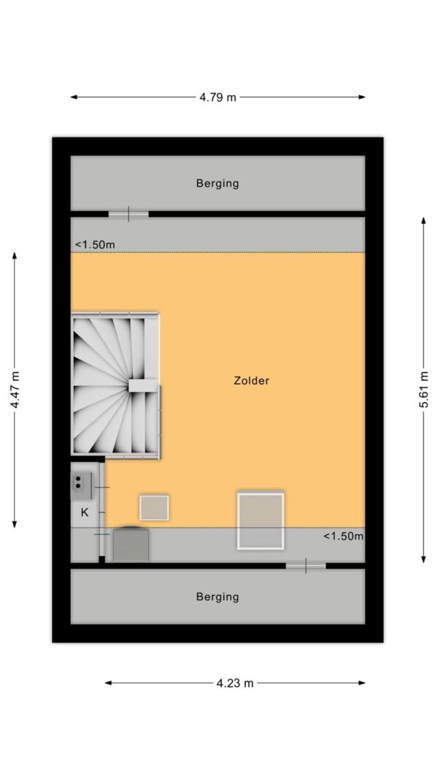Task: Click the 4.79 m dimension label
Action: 218,97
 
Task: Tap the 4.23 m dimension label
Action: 235,683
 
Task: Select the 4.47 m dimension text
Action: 15,390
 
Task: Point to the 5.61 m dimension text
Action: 423,390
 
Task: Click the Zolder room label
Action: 251,381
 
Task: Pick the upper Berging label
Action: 218,183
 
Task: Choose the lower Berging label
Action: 218,597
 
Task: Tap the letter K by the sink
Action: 85,512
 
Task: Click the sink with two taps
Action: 82,486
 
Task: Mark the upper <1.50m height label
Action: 95,245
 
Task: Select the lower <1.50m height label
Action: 343,536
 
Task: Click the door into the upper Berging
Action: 128,214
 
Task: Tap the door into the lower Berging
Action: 305,566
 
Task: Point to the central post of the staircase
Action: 144,385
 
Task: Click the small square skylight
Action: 154,507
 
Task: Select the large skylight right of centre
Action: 261,520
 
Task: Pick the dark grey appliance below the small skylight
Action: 131,544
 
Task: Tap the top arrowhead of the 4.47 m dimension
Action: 15,256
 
